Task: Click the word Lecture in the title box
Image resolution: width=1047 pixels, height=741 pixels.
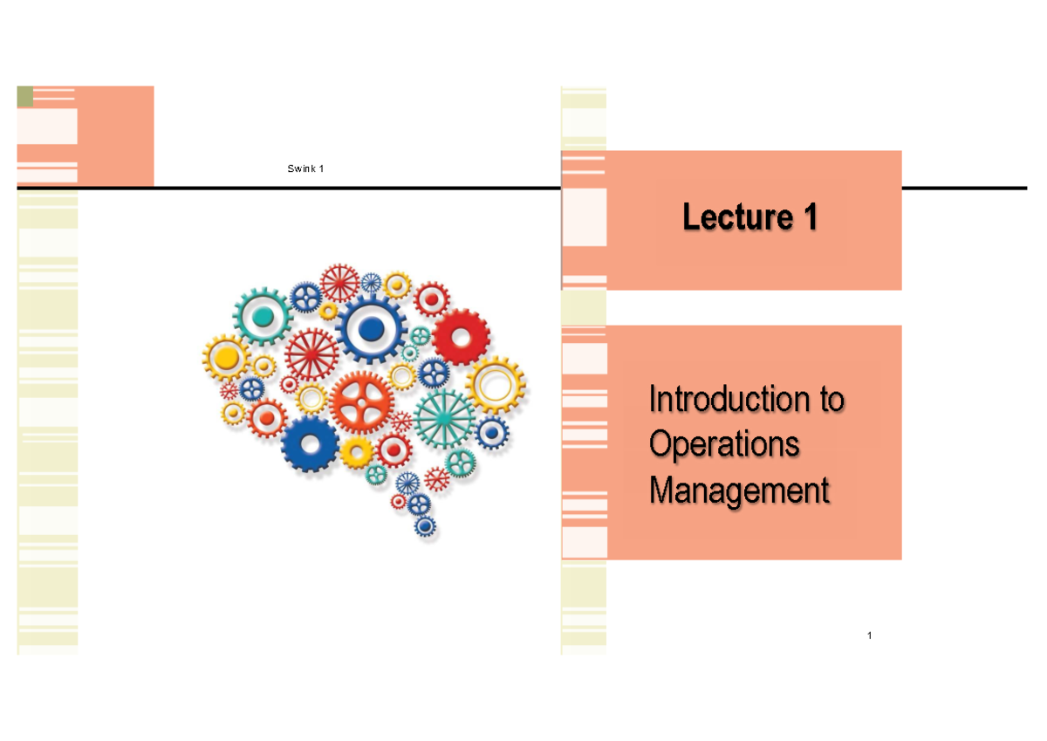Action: [729, 217]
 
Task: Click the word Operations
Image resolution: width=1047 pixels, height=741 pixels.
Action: [724, 445]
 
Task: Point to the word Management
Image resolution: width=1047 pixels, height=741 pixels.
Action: [739, 491]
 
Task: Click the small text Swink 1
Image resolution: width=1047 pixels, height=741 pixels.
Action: [305, 168]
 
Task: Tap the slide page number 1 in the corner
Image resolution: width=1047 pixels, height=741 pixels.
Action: [870, 635]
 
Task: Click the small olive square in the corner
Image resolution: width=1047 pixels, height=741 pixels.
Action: [25, 96]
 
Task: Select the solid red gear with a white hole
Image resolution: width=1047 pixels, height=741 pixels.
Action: [461, 336]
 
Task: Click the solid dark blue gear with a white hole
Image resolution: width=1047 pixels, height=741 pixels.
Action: [310, 443]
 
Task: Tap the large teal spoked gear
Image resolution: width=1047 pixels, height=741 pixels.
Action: [444, 418]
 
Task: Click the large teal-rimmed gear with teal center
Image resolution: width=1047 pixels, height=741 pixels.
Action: [261, 316]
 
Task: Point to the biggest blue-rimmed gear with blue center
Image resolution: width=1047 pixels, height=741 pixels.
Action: [372, 329]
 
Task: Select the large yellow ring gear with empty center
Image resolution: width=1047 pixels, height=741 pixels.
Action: [495, 384]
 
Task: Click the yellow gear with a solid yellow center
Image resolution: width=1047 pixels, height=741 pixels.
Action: [227, 357]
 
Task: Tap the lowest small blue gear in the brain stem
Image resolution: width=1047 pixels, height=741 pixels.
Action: [425, 526]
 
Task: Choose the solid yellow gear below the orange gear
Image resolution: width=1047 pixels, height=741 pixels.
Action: [356, 451]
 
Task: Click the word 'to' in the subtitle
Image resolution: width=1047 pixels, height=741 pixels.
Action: [831, 401]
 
